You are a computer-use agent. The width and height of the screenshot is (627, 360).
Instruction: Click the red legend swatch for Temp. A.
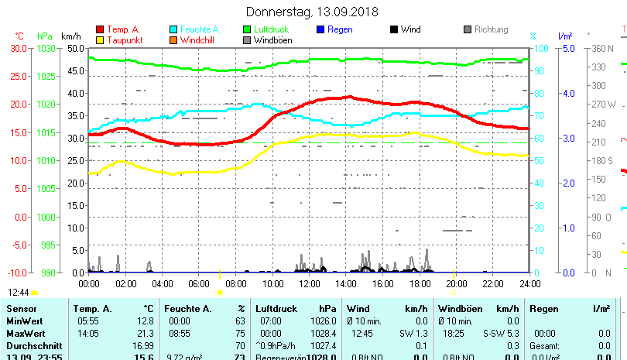[x=100, y=29]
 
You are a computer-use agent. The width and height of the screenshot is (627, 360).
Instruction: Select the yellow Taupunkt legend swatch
[x=100, y=40]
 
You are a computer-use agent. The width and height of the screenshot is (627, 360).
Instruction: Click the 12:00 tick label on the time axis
[x=310, y=283]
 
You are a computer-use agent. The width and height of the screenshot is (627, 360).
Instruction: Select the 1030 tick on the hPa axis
[x=46, y=48]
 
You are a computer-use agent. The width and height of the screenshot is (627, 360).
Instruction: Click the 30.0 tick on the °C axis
[x=18, y=48]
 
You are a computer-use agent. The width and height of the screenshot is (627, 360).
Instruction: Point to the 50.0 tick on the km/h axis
[x=75, y=48]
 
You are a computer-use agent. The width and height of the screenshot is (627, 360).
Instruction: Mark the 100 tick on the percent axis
[x=543, y=48]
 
